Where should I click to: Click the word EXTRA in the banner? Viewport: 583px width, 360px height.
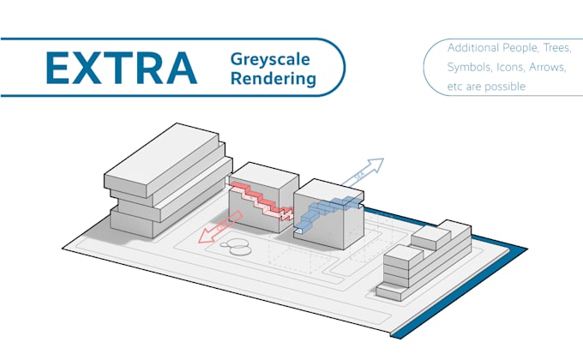click(122, 67)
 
